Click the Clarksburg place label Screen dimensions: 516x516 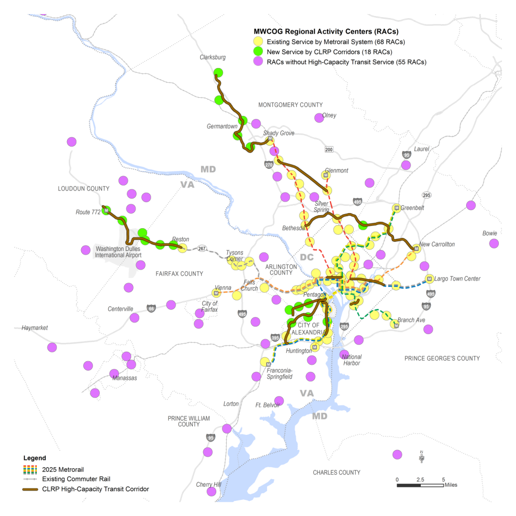[x=212, y=57]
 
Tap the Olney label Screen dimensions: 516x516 [x=329, y=115]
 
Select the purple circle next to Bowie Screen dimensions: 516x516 [x=494, y=243]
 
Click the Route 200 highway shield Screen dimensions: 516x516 [x=329, y=150]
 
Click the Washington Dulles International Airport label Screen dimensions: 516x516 [x=118, y=252]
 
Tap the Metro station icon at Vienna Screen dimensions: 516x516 [x=217, y=293]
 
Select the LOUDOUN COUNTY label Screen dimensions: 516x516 [x=84, y=188]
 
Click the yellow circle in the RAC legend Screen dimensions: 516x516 [x=258, y=41]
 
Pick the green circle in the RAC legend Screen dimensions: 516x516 [x=258, y=51]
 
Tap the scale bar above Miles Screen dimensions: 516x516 [x=420, y=485]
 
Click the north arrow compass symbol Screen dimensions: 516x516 [x=421, y=457]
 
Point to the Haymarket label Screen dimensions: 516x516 [x=34, y=328]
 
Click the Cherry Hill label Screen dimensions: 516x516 [x=208, y=484]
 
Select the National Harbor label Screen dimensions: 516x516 [x=352, y=360]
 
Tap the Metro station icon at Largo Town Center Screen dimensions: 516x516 [x=429, y=279]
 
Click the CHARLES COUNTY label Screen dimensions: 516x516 [x=337, y=473]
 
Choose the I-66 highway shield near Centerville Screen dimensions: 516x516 [x=151, y=308]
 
